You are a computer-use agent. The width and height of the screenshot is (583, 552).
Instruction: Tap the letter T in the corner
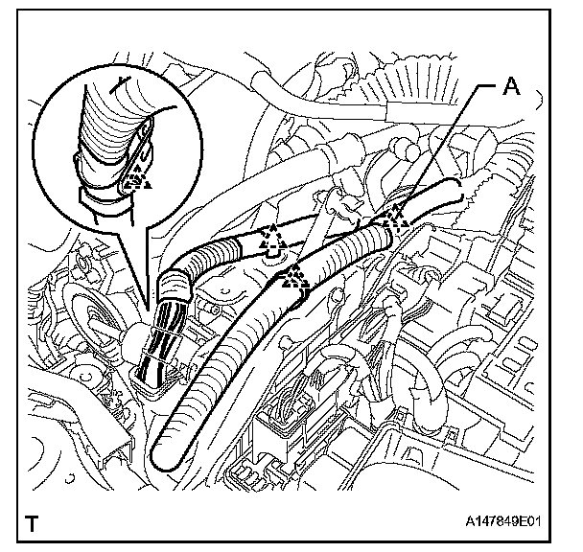click(x=34, y=524)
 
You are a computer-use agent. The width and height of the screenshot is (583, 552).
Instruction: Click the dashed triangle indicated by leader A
click(x=396, y=217)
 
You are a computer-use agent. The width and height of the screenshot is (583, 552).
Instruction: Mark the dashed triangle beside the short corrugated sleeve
click(x=272, y=234)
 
